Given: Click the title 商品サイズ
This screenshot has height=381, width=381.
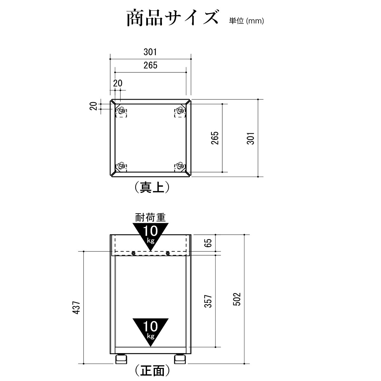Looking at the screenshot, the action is click(172, 18).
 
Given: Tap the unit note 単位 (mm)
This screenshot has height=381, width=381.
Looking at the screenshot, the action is click(246, 21).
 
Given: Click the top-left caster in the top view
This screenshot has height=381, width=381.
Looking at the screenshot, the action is click(121, 111).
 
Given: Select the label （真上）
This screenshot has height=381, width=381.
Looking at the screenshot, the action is click(152, 187).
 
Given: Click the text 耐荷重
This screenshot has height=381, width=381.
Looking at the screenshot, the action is click(150, 217).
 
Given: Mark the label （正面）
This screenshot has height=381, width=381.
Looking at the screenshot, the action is click(152, 370).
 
